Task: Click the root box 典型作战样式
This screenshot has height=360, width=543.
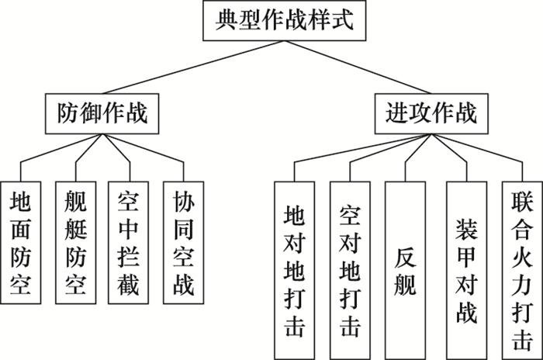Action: (281, 21)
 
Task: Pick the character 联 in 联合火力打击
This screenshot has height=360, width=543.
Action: (521, 199)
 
